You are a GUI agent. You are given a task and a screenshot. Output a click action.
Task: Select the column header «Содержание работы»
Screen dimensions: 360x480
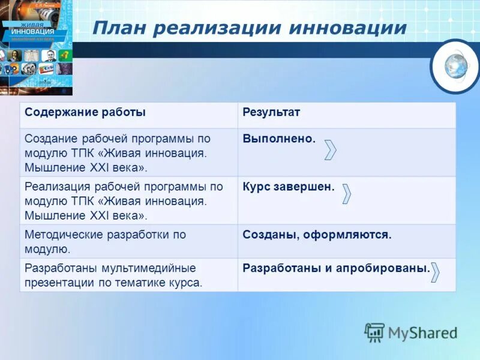pos(85,112)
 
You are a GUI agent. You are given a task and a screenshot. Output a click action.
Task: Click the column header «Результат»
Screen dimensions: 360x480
pos(271,112)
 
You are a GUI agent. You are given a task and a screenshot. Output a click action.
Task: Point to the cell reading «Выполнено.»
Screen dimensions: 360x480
pos(279,139)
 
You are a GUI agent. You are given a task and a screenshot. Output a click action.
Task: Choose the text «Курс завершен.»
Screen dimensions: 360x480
pos(289,187)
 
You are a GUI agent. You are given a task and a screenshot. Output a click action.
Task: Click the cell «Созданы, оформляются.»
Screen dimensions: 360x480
pos(317,235)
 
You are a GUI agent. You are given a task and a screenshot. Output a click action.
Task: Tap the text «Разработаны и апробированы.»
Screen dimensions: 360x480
pos(336,268)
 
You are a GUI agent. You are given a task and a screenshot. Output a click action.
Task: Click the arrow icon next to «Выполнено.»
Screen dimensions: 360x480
pos(330,149)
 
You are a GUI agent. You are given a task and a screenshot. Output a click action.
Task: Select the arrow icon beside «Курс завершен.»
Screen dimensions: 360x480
pos(346,194)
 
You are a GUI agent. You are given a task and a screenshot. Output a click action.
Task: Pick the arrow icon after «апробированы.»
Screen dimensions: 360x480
pos(436,272)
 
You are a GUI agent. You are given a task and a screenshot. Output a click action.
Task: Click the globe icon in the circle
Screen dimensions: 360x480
pos(455,65)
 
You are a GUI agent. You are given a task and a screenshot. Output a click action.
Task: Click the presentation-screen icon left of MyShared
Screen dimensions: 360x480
pos(374,332)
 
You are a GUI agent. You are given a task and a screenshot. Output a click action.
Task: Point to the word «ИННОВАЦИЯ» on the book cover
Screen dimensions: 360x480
pos(33,31)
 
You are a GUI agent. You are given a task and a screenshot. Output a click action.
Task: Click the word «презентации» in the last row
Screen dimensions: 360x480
pos(56,282)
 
